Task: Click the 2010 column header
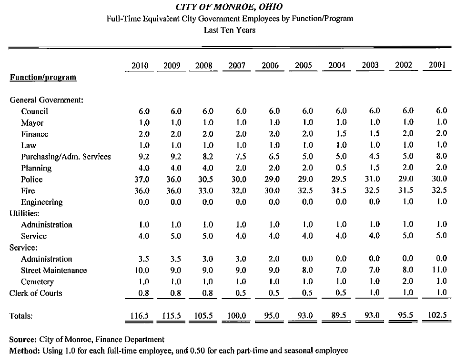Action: [x=140, y=65]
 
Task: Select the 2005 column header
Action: [x=303, y=65]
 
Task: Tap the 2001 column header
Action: [x=437, y=65]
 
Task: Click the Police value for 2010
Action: [x=142, y=180]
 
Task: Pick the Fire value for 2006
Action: [x=272, y=190]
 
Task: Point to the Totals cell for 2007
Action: [x=236, y=315]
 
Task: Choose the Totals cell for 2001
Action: [x=437, y=315]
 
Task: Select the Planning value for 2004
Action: [x=341, y=168]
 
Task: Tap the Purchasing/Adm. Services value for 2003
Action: [x=374, y=156]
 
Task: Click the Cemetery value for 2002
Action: [x=408, y=281]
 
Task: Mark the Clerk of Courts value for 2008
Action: [x=207, y=293]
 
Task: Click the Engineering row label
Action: [x=41, y=202]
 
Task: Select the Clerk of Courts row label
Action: [x=36, y=293]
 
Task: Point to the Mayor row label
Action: [x=32, y=123]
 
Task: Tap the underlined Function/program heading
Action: [x=43, y=78]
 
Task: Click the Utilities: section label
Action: [x=24, y=213]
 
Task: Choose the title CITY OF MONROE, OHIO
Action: [x=229, y=7]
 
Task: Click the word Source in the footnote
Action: [x=23, y=340]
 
